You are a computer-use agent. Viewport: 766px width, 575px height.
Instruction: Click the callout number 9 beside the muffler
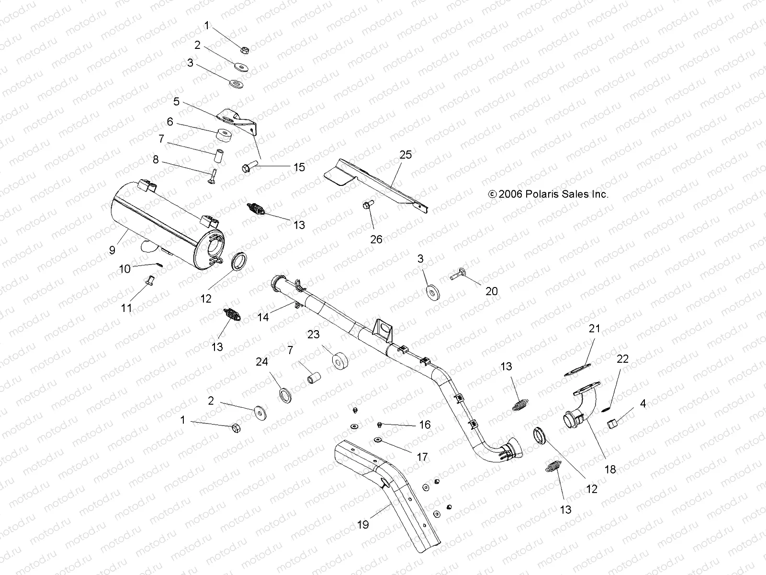(x=112, y=250)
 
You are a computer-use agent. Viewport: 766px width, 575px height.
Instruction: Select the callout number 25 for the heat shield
(x=406, y=155)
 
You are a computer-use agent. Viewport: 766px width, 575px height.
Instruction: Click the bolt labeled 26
(x=368, y=206)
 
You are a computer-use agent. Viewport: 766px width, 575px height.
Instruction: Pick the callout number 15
(x=299, y=167)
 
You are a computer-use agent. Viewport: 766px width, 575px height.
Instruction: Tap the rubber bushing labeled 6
(x=223, y=135)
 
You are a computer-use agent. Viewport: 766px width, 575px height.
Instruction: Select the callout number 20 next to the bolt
(x=492, y=291)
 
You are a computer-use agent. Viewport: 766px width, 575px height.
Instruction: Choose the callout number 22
(x=622, y=359)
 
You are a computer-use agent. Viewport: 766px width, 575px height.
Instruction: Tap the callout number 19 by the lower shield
(x=363, y=525)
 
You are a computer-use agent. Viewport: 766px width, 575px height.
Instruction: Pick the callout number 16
(x=425, y=425)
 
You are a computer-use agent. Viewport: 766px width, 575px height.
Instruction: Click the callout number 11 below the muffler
(x=126, y=307)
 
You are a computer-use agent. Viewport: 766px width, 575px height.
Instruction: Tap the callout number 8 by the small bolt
(x=156, y=160)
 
